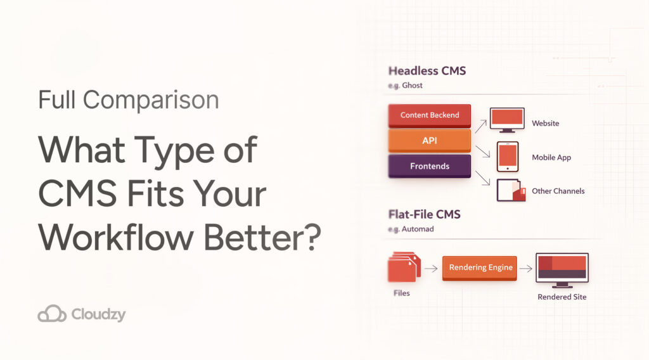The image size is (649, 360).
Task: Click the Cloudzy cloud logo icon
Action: pos(52,314)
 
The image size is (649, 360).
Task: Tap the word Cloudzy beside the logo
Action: pos(99,314)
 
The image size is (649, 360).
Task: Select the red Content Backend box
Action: pos(430,115)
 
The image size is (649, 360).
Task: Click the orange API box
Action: pos(430,141)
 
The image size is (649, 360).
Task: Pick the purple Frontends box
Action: pos(430,166)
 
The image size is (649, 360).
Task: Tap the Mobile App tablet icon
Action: pos(507,157)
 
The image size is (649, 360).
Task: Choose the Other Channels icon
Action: pos(511,190)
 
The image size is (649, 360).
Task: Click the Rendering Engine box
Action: pos(480,267)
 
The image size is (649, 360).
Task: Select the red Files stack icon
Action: pos(401,267)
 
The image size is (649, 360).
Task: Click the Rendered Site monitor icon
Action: pos(562,269)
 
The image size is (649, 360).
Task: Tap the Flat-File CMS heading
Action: pos(424,214)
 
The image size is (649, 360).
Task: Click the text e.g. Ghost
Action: pos(405,85)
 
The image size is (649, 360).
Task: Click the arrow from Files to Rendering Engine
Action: pos(431,268)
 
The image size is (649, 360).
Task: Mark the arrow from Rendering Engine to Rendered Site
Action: pos(526,268)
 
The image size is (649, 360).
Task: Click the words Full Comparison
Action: pos(128,100)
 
